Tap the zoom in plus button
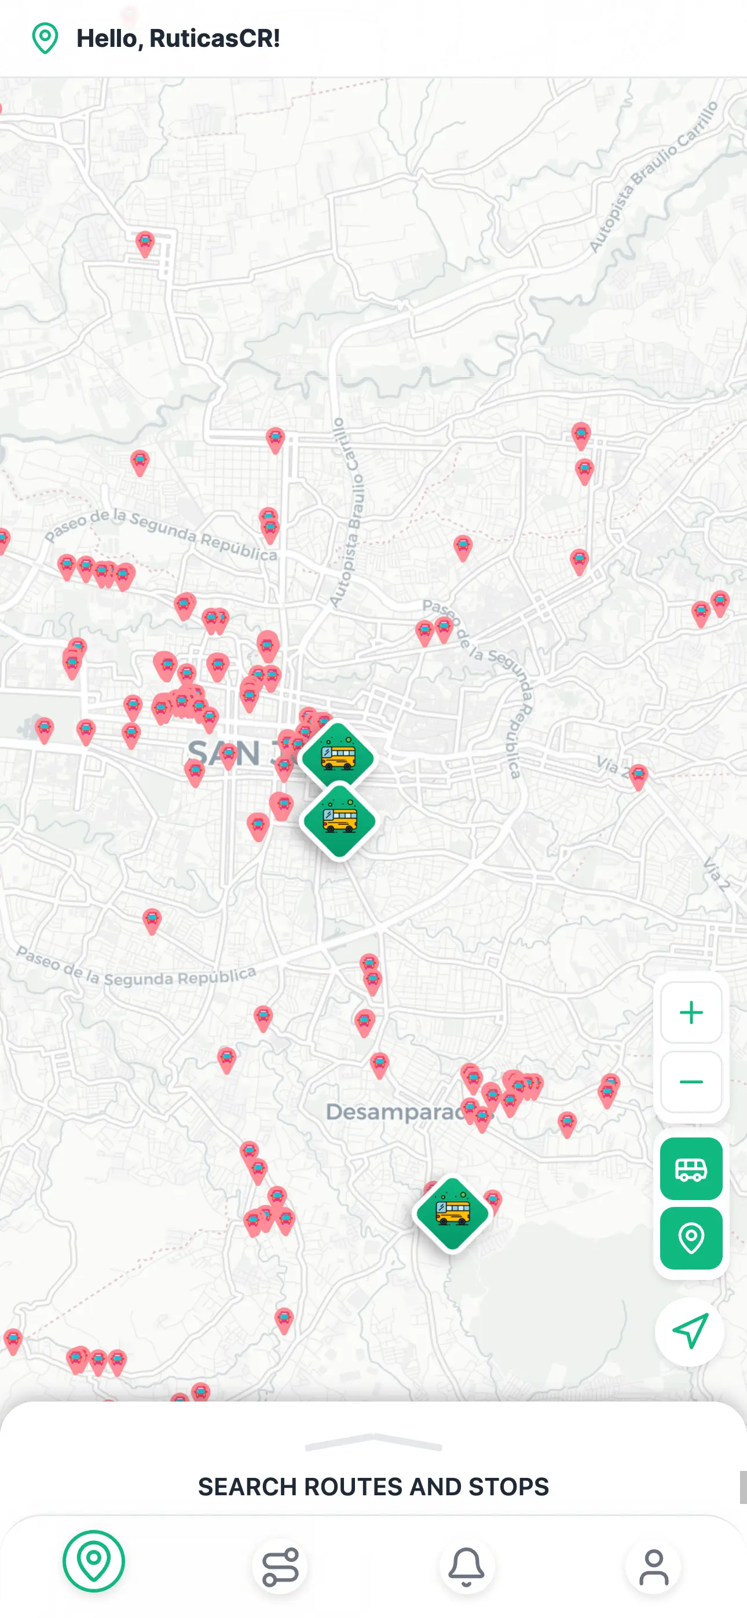[690, 1012]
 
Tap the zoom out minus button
[690, 1081]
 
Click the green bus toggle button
[690, 1169]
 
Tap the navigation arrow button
[690, 1331]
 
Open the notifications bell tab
[466, 1566]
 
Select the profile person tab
[653, 1566]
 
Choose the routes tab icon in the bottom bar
[280, 1566]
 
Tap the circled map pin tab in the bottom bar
[94, 1561]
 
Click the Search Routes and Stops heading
[373, 1487]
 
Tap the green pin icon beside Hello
[45, 38]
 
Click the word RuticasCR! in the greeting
[214, 38]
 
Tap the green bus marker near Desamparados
[452, 1213]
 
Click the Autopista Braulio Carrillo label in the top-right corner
[653, 176]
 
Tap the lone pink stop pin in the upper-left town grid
[145, 243]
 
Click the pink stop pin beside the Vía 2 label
[638, 776]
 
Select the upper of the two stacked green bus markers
[338, 758]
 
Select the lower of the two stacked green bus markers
[339, 821]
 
